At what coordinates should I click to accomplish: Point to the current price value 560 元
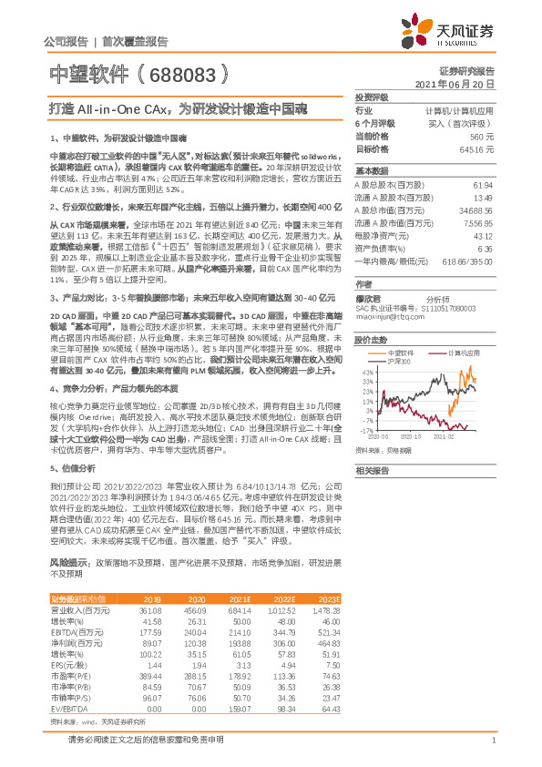point(482,136)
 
